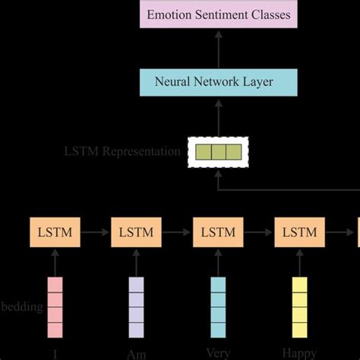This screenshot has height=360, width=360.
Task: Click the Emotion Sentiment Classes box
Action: pyautogui.click(x=219, y=14)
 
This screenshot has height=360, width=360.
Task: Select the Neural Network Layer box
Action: pyautogui.click(x=219, y=82)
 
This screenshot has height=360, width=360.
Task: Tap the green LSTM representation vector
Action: pyautogui.click(x=219, y=151)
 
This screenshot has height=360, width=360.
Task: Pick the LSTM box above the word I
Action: pyautogui.click(x=55, y=232)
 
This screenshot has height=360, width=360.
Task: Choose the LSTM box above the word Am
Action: pyautogui.click(x=136, y=232)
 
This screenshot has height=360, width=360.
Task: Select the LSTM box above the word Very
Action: pyautogui.click(x=218, y=232)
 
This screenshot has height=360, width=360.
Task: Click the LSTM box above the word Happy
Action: pyautogui.click(x=299, y=232)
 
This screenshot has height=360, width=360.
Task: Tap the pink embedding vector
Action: pyautogui.click(x=55, y=306)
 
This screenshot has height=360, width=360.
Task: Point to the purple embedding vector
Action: pyautogui.click(x=136, y=306)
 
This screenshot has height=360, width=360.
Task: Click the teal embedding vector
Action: pyautogui.click(x=218, y=306)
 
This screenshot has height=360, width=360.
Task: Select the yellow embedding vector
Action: pyautogui.click(x=299, y=306)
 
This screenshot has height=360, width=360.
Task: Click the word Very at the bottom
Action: pyautogui.click(x=218, y=352)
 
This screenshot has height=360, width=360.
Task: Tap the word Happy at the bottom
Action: pyautogui.click(x=299, y=353)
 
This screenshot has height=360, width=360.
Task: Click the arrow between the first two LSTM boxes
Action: pyautogui.click(x=95, y=232)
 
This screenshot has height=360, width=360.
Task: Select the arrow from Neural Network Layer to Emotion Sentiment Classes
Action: pyautogui.click(x=219, y=48)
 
